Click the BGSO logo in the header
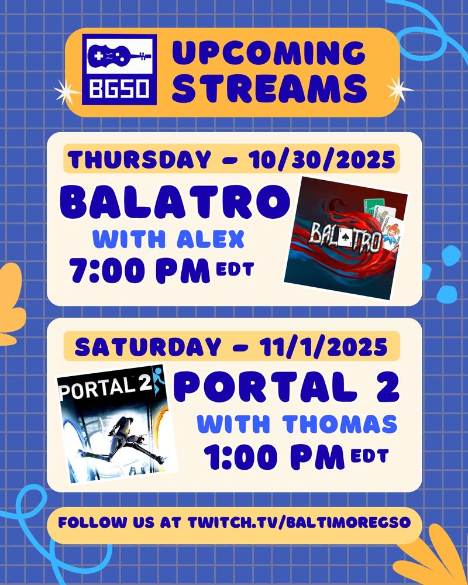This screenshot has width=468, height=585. tap(120, 68)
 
